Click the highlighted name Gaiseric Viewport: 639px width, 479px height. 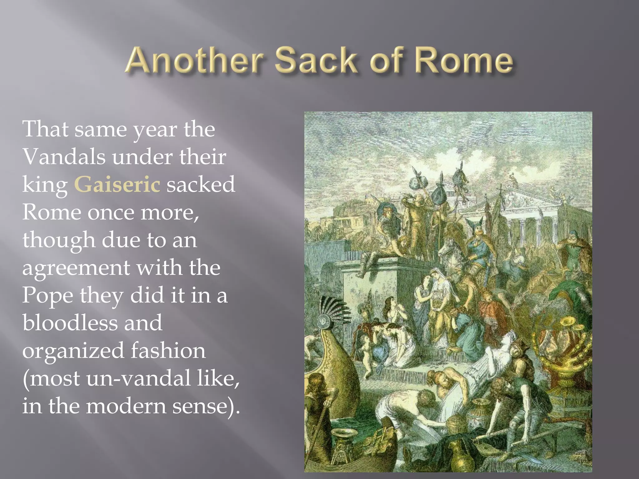point(117,184)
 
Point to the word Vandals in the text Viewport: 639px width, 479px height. point(64,157)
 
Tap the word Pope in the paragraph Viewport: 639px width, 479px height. point(47,295)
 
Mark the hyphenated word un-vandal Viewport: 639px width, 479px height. point(139,378)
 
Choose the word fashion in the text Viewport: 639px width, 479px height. point(168,350)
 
